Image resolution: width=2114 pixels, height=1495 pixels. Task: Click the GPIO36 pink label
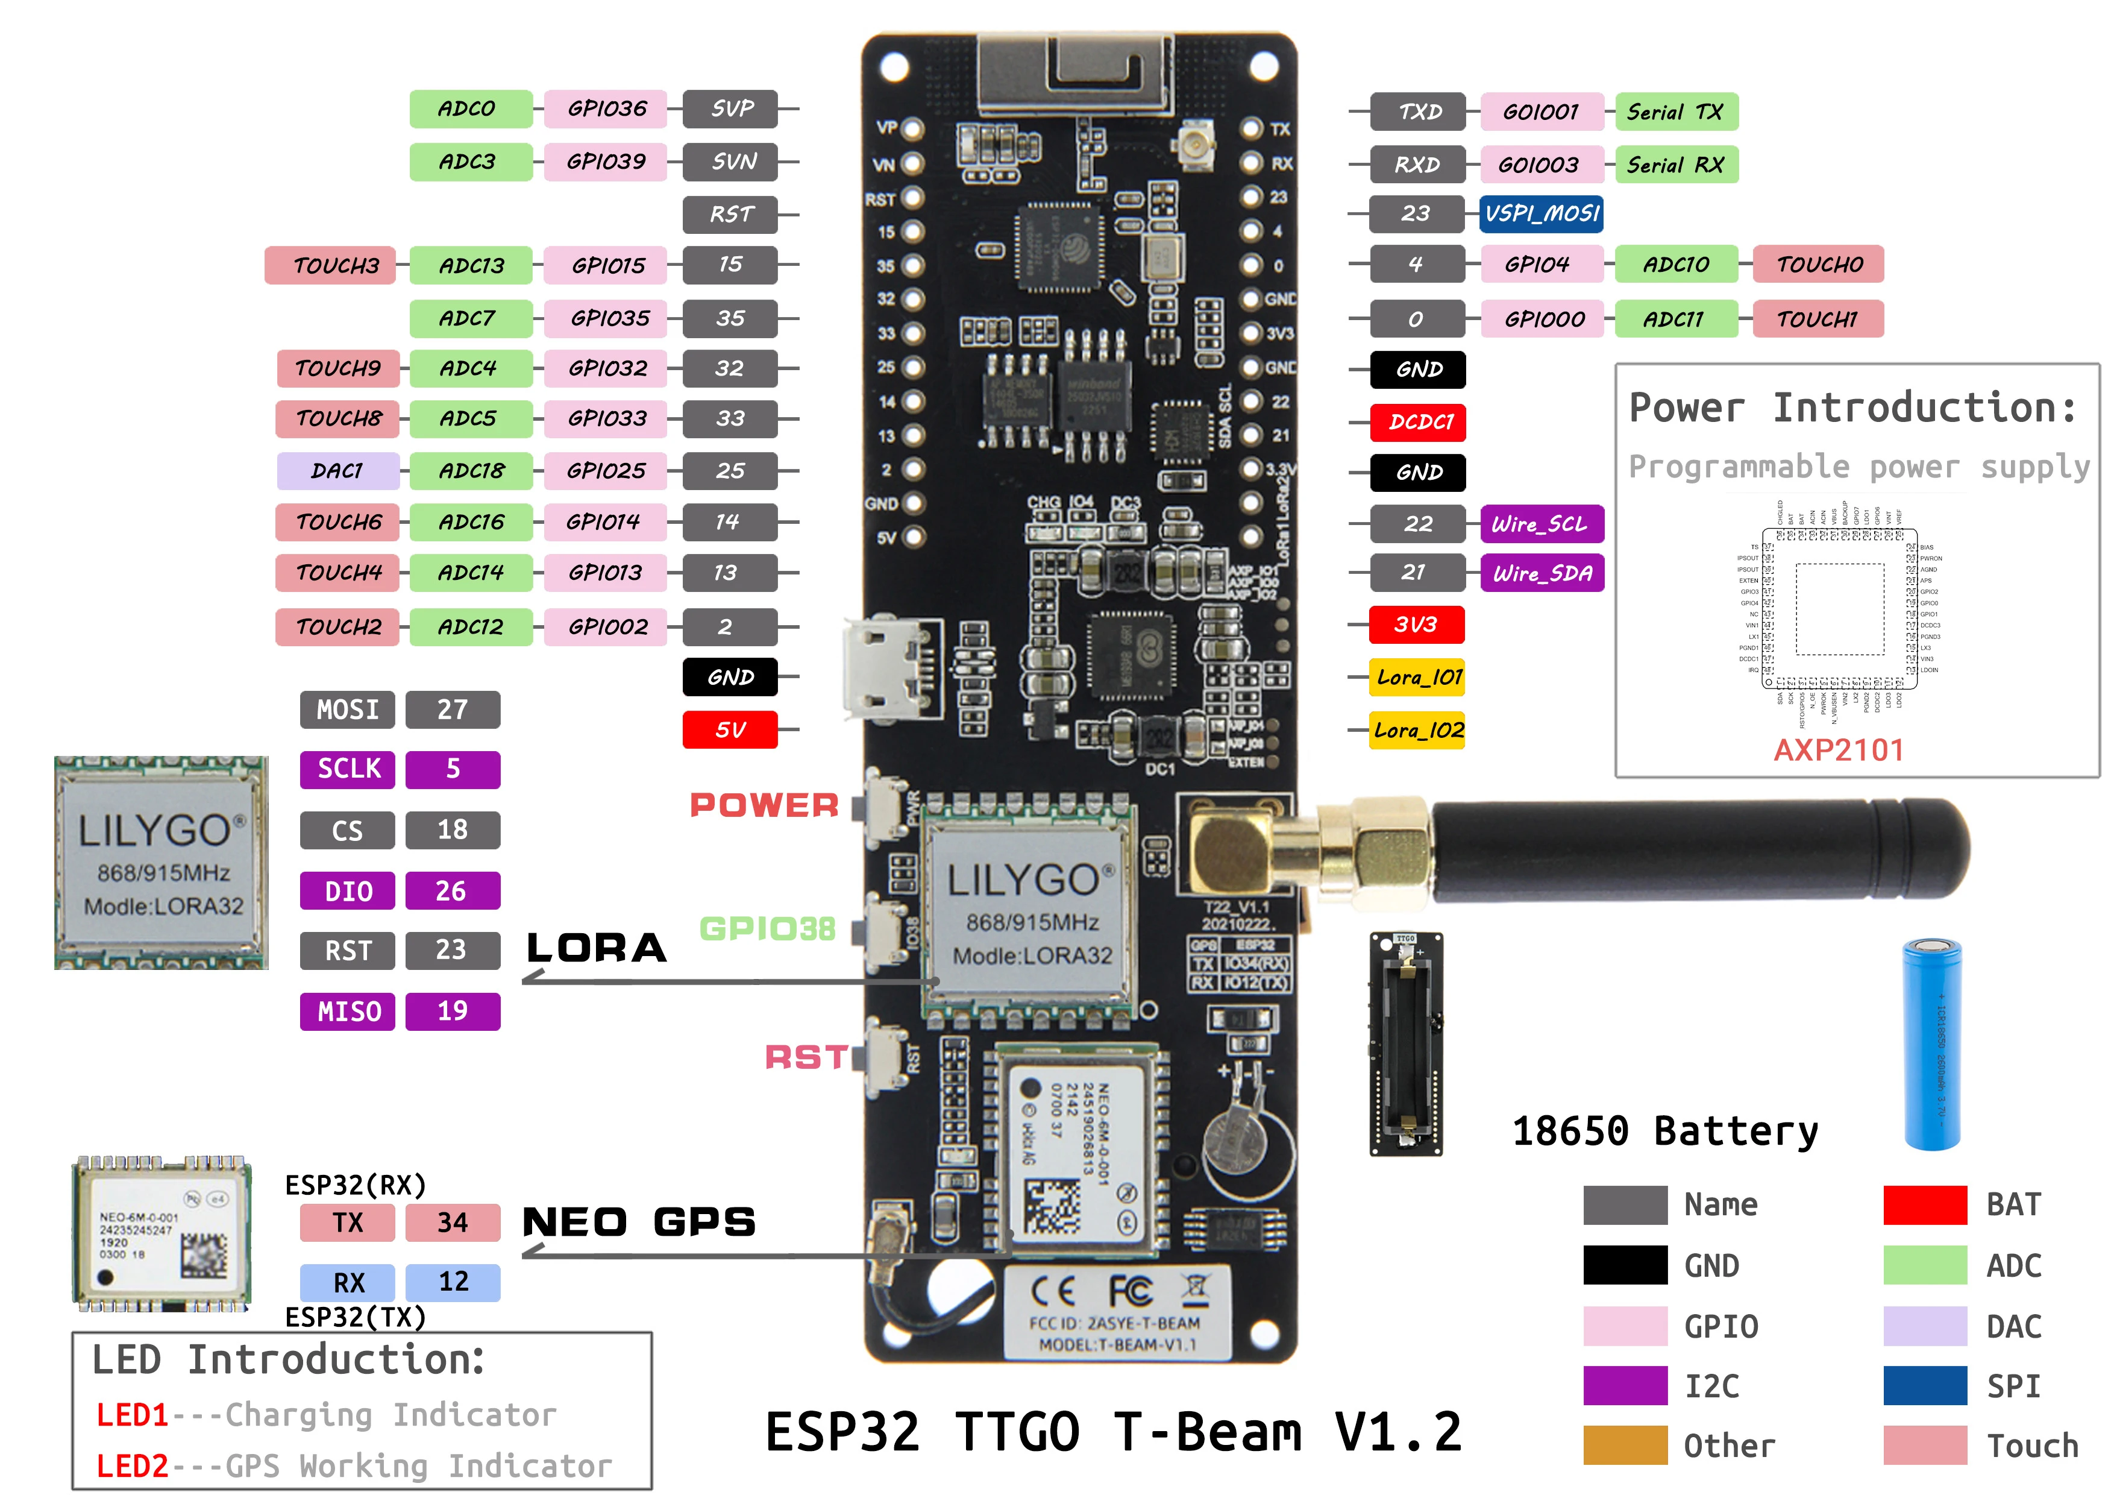pos(605,109)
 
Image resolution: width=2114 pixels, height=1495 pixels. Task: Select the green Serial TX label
pos(1675,112)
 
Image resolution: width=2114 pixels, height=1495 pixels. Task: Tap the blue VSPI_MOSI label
pos(1542,214)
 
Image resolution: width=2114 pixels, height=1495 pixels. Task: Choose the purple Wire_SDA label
pos(1542,573)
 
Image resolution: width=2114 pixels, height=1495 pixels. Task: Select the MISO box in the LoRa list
pos(348,1012)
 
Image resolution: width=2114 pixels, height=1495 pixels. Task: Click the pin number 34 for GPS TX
pos(452,1223)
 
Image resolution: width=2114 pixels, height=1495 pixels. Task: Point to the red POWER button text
pos(764,805)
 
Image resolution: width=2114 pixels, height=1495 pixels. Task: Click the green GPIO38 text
pos(767,928)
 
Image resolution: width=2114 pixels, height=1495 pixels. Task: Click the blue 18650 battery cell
pos(1931,1043)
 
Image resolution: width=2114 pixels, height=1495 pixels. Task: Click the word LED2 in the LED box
pos(131,1465)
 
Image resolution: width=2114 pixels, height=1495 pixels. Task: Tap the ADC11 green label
pos(1675,319)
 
